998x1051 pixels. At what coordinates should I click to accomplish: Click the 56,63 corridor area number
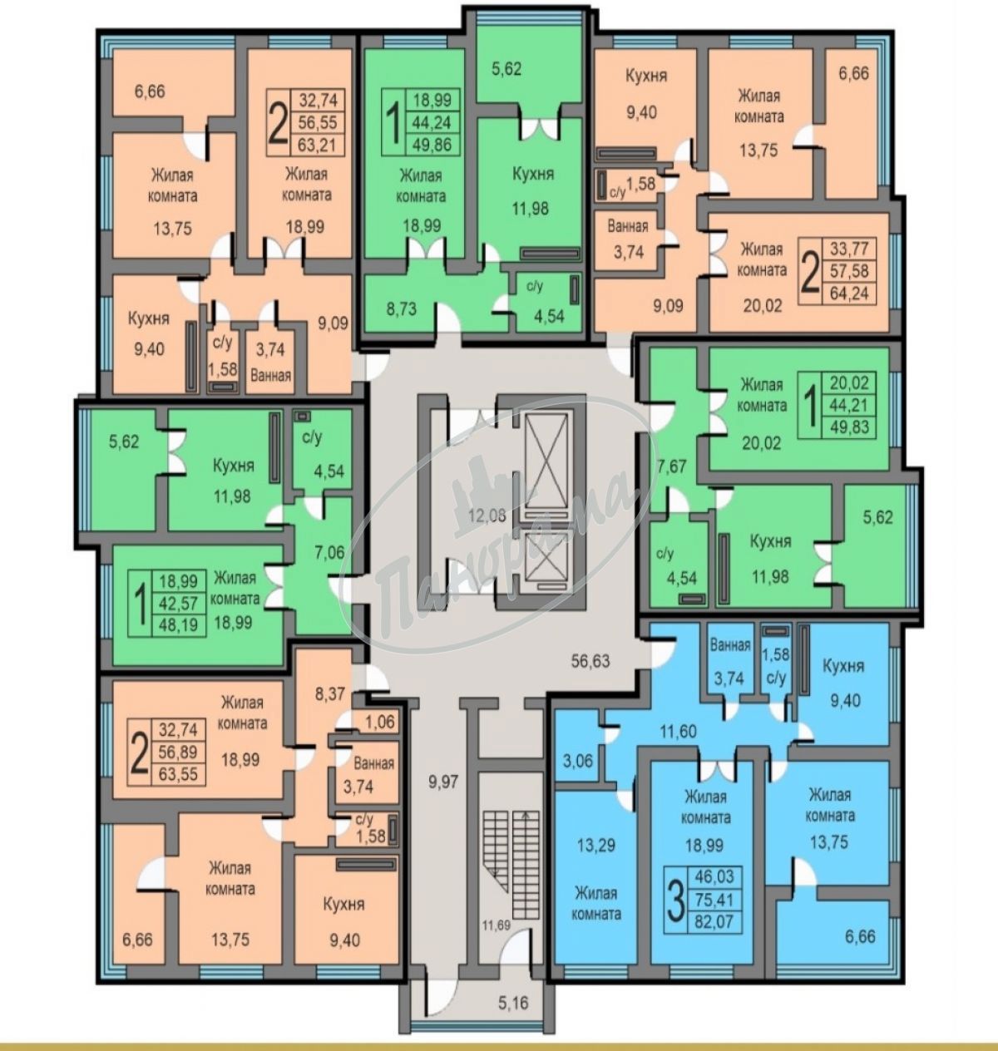(590, 661)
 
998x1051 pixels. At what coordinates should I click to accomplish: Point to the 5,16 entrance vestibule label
(513, 1003)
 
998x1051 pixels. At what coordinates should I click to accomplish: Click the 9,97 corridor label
(443, 782)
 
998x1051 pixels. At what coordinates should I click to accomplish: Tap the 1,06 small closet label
(380, 723)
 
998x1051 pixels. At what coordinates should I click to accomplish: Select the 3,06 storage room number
(578, 760)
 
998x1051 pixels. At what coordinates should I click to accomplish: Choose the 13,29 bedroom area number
(595, 845)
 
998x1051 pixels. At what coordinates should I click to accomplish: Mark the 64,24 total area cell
(849, 293)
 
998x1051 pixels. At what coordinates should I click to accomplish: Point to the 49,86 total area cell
(432, 145)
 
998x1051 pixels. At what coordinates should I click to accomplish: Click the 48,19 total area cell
(179, 626)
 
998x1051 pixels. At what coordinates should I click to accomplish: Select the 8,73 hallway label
(401, 308)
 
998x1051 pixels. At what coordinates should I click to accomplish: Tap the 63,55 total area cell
(179, 775)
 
